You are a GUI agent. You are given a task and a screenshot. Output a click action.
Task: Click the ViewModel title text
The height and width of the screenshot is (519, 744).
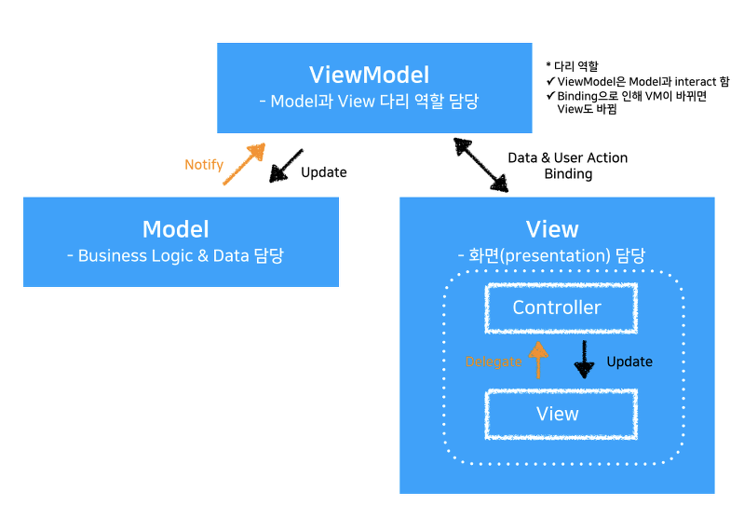(370, 75)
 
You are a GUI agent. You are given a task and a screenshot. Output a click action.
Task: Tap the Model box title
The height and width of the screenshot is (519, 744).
(175, 229)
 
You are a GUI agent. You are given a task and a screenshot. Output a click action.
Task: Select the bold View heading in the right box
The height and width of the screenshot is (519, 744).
(552, 229)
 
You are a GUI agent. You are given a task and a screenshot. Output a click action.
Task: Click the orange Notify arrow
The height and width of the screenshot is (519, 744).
(243, 164)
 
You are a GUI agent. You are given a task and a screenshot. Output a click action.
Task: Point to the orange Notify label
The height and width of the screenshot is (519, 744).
(204, 165)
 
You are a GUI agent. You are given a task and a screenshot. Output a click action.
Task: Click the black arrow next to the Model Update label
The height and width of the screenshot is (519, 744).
(285, 165)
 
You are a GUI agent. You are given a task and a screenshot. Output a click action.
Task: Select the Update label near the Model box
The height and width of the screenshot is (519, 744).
(324, 172)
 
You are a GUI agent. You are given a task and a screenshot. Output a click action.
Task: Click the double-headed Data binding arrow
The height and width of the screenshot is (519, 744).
(481, 164)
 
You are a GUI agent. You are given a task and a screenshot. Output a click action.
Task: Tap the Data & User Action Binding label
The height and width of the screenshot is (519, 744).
(567, 166)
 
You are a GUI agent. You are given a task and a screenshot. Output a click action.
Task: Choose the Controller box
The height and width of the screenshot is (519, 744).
(558, 307)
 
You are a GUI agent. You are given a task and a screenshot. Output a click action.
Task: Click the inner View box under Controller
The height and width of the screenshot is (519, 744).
(558, 414)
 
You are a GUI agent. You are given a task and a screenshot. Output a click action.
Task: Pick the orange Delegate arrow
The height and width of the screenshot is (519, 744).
(537, 359)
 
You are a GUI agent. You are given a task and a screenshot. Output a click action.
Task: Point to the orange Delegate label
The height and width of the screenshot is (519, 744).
(494, 362)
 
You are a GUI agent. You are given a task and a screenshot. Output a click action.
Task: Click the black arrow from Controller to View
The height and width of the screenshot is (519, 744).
(585, 359)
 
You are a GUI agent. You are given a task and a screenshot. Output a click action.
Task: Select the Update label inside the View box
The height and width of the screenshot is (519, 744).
(629, 362)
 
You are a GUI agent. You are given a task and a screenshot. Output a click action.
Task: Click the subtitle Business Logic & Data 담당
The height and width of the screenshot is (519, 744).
(175, 255)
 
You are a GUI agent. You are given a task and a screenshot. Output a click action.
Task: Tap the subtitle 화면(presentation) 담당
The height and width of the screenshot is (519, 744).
(552, 255)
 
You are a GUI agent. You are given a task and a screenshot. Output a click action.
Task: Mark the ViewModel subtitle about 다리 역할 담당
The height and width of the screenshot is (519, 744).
(370, 102)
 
